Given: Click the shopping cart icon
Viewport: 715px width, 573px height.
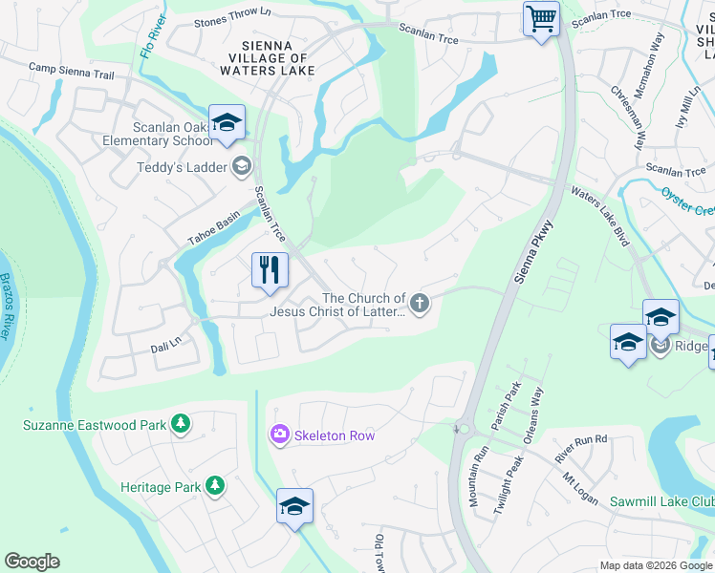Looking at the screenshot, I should pos(541,20).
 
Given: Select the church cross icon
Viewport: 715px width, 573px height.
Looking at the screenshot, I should pos(421,304).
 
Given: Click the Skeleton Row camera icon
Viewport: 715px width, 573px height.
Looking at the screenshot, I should pos(279,435).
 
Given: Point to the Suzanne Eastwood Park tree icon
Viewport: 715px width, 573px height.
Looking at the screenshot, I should pos(179,423).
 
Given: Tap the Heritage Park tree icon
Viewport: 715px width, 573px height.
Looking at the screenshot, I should pos(215,486).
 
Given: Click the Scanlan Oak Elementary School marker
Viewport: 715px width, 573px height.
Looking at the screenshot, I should pos(227,123).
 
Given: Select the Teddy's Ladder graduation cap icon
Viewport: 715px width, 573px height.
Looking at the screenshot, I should pos(242,168).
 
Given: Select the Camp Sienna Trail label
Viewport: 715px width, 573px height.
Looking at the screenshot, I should pos(71,68).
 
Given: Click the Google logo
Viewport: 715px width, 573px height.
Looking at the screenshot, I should pos(32,562).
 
